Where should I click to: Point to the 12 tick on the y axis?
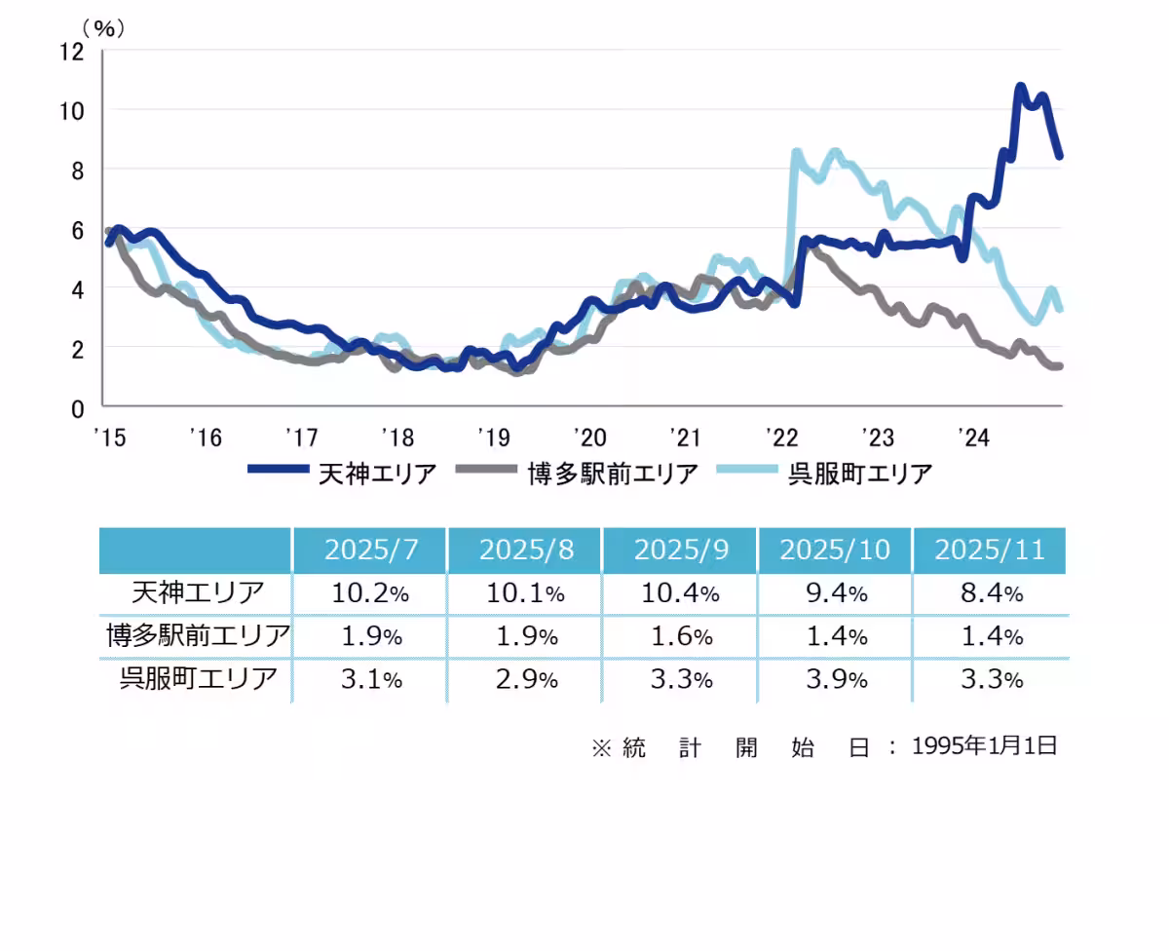72,51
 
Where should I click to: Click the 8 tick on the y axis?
78,170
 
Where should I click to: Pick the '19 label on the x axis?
492,437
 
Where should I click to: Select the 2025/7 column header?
370,550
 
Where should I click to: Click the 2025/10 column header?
835,550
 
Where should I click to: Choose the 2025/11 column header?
990,550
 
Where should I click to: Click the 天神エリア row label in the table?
197,593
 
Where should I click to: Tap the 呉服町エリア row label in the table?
197,679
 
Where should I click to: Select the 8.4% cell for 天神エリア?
990,593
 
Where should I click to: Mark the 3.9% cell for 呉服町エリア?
835,679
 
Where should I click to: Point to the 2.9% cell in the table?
525,679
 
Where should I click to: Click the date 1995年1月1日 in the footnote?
984,746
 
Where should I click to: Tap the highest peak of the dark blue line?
1020,87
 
